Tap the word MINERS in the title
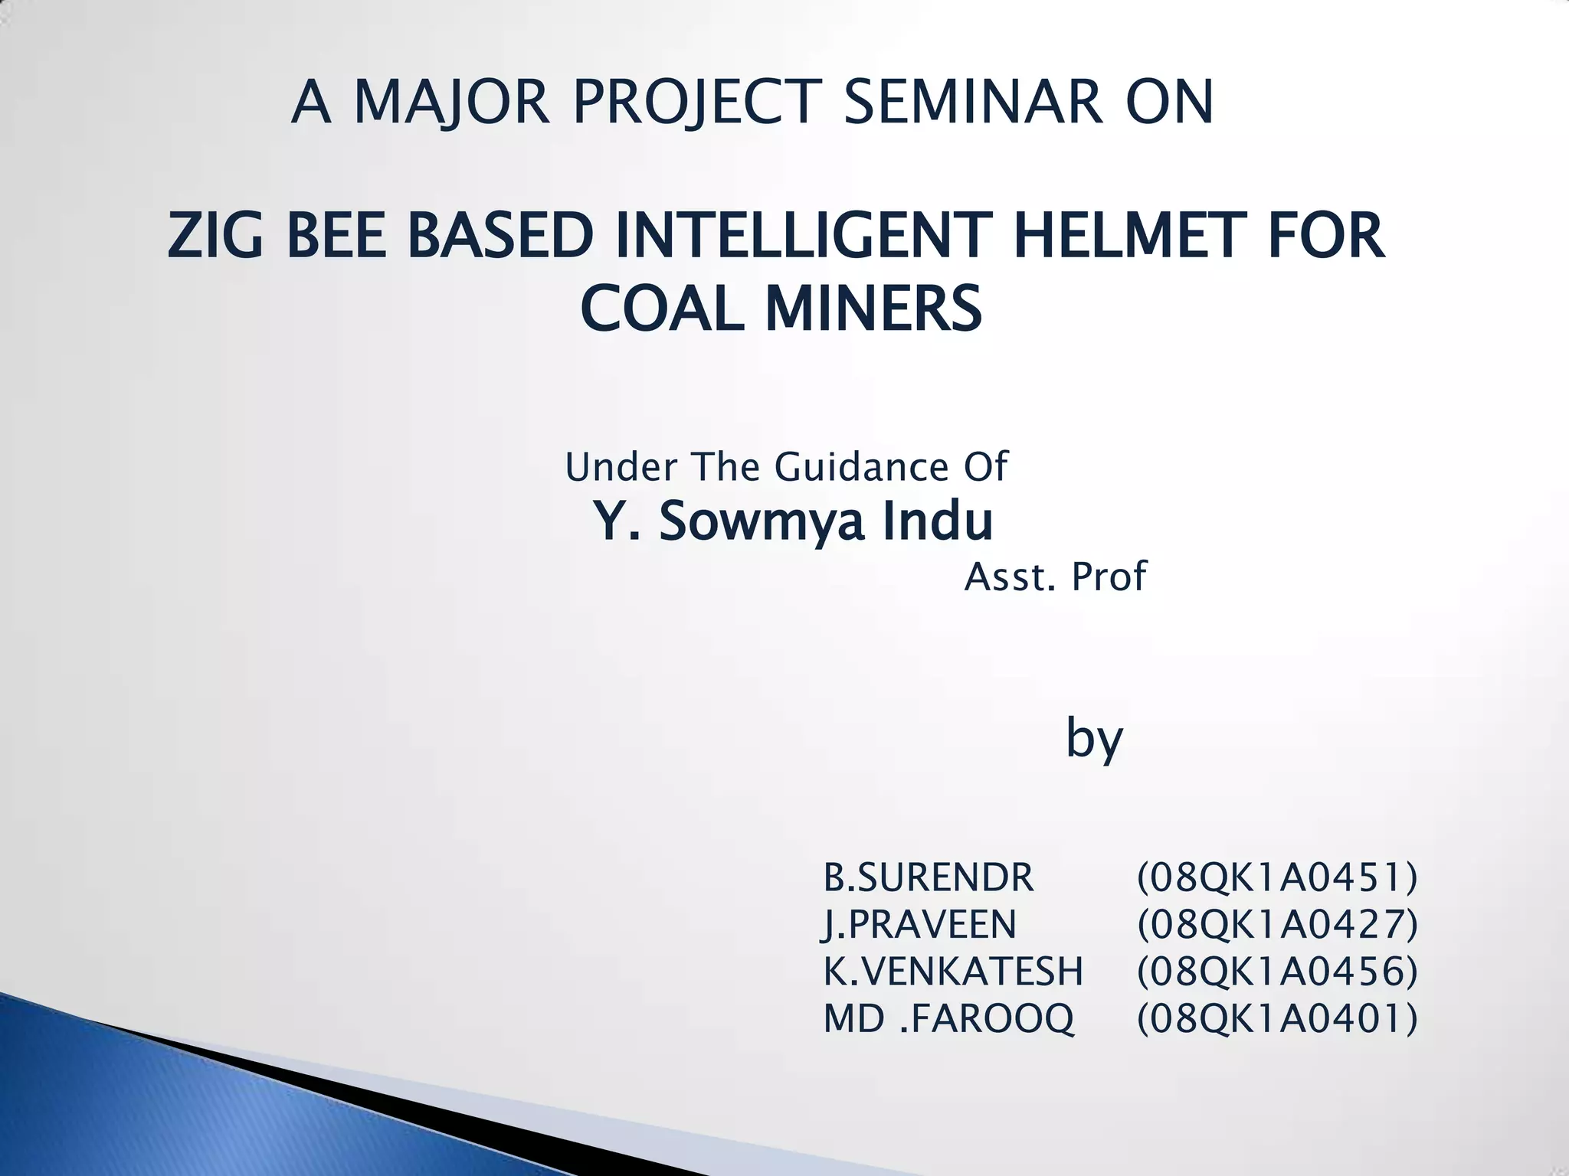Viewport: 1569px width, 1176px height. [873, 309]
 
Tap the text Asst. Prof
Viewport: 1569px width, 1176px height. [1055, 576]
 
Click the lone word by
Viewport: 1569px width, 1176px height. [1094, 739]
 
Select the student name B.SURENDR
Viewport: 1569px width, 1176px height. [929, 877]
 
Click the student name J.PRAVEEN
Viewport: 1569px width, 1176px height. [919, 924]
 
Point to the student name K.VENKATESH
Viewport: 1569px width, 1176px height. [953, 972]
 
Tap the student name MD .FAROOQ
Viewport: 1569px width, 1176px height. [948, 1018]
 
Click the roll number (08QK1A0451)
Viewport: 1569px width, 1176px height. [1277, 877]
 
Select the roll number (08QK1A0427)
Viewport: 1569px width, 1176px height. [1277, 924]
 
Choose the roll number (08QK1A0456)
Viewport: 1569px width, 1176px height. [1277, 972]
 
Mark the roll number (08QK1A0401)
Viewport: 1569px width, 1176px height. [1277, 1018]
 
